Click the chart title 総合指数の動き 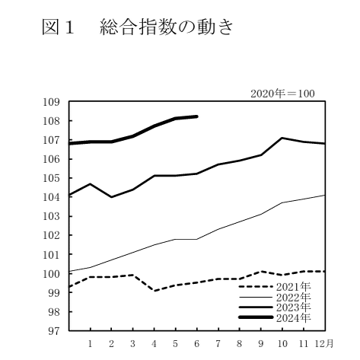click(x=167, y=27)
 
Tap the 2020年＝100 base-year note click(x=282, y=94)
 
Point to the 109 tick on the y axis click(x=51, y=102)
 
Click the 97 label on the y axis click(x=54, y=331)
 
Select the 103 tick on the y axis click(x=51, y=216)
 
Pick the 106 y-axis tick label click(x=51, y=159)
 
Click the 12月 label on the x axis click(x=324, y=344)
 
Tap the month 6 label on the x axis click(x=197, y=344)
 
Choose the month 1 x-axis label click(x=90, y=344)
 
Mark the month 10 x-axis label click(x=282, y=344)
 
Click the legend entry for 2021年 click(x=275, y=287)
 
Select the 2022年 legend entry click(x=275, y=297)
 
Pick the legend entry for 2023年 click(x=275, y=307)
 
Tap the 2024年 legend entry click(x=275, y=317)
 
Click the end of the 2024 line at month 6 click(x=197, y=116)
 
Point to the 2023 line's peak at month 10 click(x=282, y=138)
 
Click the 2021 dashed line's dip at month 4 click(x=155, y=291)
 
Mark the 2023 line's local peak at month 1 click(x=90, y=183)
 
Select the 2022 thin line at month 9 click(x=261, y=215)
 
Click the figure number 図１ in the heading click(x=58, y=27)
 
